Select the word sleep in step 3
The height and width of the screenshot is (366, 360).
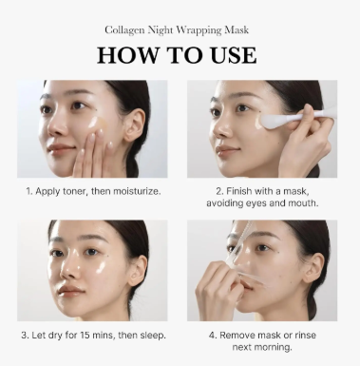tap(153, 336)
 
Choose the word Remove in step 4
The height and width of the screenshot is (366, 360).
tap(240, 336)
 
